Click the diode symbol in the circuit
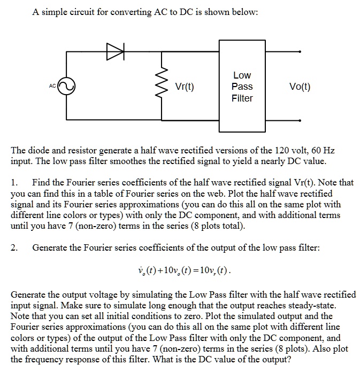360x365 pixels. (114, 52)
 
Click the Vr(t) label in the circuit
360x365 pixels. (184, 87)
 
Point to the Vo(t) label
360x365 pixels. (299, 87)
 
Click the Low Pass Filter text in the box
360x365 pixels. (242, 87)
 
